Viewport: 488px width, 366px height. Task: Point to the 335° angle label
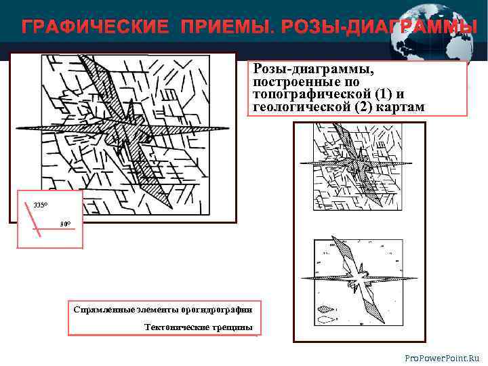click(40, 204)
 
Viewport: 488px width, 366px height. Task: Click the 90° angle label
click(65, 224)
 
